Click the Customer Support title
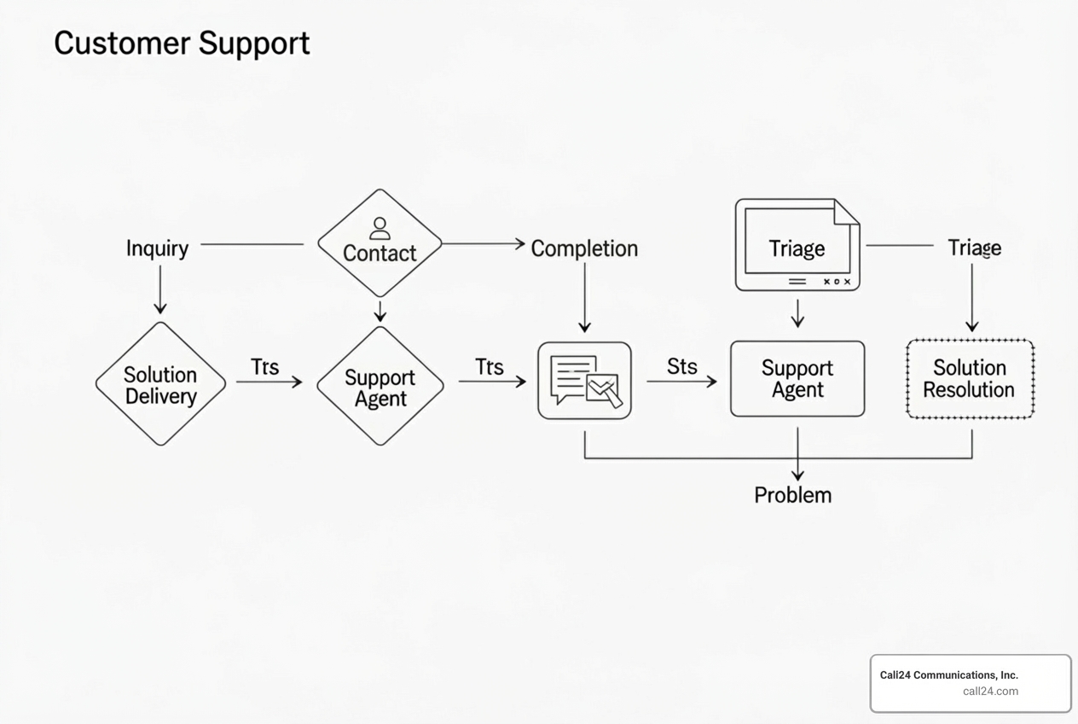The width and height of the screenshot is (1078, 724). point(182,43)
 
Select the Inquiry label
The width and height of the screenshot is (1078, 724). point(157,248)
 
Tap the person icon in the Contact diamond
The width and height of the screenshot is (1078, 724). point(380,228)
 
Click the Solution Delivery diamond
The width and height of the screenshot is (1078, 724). point(160,384)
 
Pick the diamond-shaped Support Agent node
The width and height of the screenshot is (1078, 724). point(380,387)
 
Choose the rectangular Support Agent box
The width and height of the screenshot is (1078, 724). point(797,379)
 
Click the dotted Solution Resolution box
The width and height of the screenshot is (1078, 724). point(970,379)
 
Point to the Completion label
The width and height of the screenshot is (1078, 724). point(584,248)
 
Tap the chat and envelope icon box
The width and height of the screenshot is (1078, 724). point(584,381)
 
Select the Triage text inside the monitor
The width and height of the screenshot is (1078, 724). point(797,248)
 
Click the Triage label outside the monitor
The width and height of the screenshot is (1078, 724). point(975,248)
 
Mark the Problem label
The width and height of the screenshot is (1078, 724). point(792,495)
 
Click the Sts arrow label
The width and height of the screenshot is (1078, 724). point(681,367)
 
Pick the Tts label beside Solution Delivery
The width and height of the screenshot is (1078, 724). point(265,367)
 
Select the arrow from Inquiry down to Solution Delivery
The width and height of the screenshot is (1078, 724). point(160,290)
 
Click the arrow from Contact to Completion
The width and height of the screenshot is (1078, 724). point(483,244)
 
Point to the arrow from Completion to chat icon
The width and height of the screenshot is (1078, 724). point(584,297)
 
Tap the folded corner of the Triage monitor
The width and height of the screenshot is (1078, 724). point(847,211)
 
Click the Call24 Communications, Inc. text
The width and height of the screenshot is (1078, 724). point(948,674)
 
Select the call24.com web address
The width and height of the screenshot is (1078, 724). point(990,692)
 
